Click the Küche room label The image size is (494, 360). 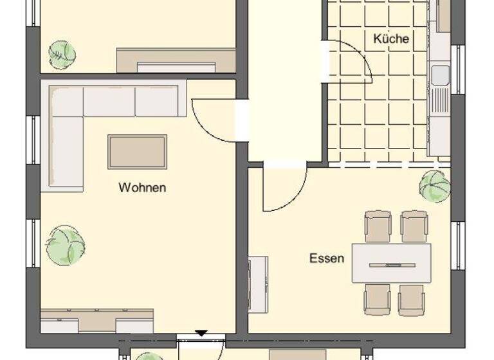[390, 39]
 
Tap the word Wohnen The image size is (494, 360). [142, 188]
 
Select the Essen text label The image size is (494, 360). [327, 259]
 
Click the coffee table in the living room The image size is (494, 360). [137, 152]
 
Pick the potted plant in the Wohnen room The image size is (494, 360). [65, 245]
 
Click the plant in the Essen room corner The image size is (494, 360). [435, 186]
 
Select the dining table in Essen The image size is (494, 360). [391, 263]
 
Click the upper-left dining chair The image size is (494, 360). [378, 226]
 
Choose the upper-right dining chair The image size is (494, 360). [414, 226]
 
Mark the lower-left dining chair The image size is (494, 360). [376, 300]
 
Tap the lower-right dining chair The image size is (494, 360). [411, 300]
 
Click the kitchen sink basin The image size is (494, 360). [441, 76]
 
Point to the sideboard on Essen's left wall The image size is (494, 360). [258, 284]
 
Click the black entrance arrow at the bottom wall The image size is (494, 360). [201, 333]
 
